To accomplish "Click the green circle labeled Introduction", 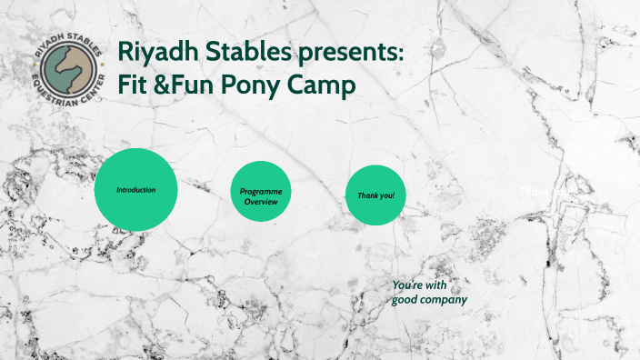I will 135,189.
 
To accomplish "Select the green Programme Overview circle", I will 260,192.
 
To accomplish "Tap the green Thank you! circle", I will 375,195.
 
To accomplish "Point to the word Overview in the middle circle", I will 260,201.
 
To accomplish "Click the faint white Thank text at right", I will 535,191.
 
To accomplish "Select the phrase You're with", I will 420,285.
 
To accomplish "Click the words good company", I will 429,299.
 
